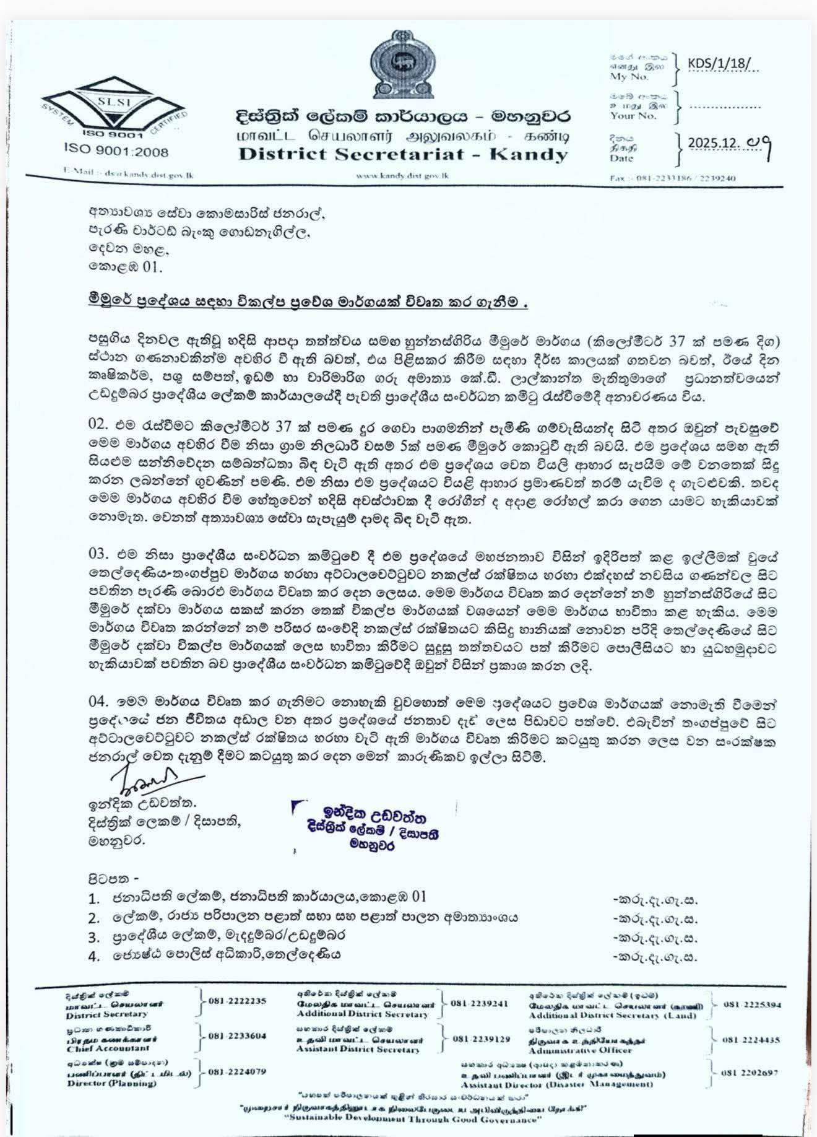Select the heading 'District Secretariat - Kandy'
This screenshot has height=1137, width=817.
(x=403, y=154)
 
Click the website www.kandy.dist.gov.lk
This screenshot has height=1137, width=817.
(x=403, y=176)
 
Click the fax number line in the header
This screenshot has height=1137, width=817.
(x=672, y=178)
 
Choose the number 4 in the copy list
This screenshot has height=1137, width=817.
(x=94, y=957)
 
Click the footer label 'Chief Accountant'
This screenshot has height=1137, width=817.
(x=108, y=1048)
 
